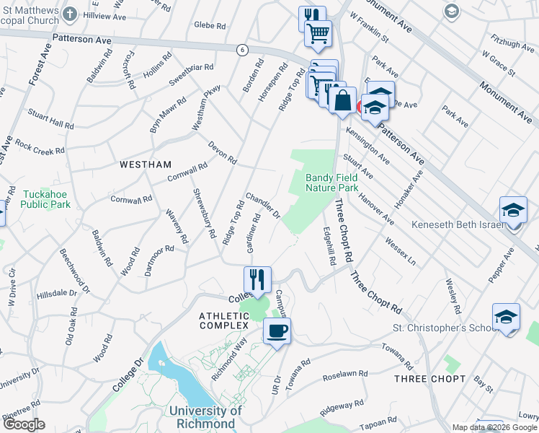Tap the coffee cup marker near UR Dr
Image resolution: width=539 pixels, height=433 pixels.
pyautogui.click(x=277, y=331)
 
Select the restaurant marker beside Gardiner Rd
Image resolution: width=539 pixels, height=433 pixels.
pyautogui.click(x=257, y=278)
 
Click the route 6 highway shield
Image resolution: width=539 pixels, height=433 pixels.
pyautogui.click(x=242, y=48)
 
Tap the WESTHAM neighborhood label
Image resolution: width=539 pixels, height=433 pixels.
pyautogui.click(x=146, y=165)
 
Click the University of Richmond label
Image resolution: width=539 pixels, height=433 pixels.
pyautogui.click(x=202, y=417)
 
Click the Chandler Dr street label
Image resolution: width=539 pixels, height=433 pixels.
pyautogui.click(x=263, y=204)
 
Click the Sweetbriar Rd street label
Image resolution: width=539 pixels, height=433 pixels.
pyautogui.click(x=191, y=72)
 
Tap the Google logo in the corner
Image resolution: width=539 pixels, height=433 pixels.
pyautogui.click(x=23, y=424)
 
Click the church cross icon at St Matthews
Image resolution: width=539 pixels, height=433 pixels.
pyautogui.click(x=69, y=14)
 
